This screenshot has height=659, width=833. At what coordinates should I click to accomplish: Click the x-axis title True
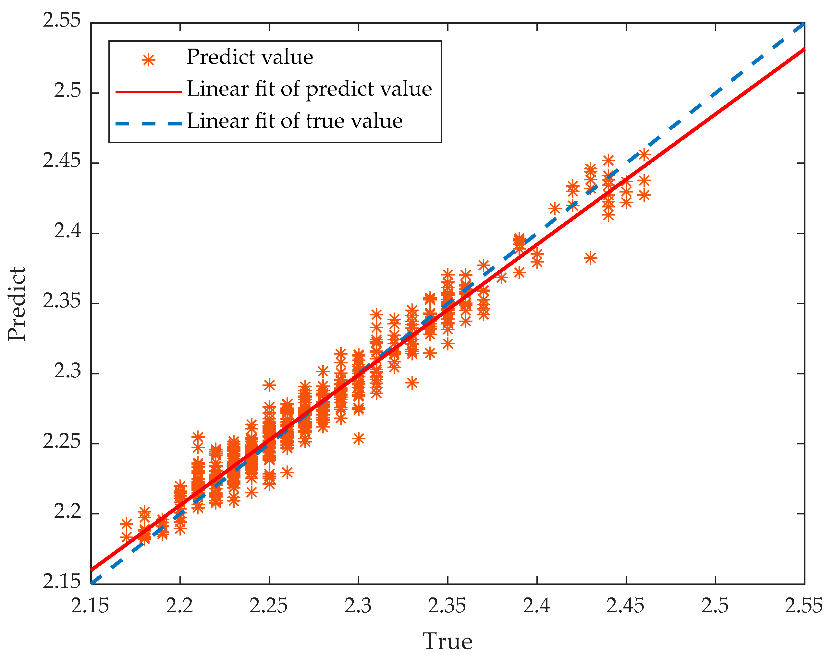click(x=447, y=641)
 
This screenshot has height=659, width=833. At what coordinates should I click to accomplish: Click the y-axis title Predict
click(x=17, y=304)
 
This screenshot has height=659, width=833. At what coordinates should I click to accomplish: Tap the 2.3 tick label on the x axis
click(x=358, y=606)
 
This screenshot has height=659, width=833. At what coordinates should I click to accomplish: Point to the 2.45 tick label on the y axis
click(x=62, y=160)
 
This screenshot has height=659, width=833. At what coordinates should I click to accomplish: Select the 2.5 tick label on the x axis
click(x=715, y=606)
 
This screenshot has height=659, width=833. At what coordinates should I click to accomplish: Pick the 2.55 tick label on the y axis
click(x=62, y=20)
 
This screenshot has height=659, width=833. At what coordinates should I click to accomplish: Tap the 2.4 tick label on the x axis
click(x=536, y=606)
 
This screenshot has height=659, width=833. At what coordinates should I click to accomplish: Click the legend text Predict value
click(x=250, y=57)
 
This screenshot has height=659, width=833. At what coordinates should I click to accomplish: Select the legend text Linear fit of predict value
click(x=309, y=89)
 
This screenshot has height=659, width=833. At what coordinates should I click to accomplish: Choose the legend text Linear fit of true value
click(x=295, y=121)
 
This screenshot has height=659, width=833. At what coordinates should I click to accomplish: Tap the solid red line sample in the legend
click(x=148, y=92)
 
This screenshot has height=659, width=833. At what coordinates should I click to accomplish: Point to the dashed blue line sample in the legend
click(x=148, y=124)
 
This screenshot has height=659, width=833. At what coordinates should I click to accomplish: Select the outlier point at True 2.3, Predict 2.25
click(x=358, y=439)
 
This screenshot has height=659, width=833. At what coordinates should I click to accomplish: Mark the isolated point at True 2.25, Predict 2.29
click(x=269, y=385)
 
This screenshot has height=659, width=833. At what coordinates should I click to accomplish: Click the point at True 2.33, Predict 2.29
click(x=412, y=383)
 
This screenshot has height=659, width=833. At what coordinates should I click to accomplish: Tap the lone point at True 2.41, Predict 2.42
click(x=555, y=208)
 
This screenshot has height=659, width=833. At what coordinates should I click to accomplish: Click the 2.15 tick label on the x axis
click(x=90, y=606)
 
